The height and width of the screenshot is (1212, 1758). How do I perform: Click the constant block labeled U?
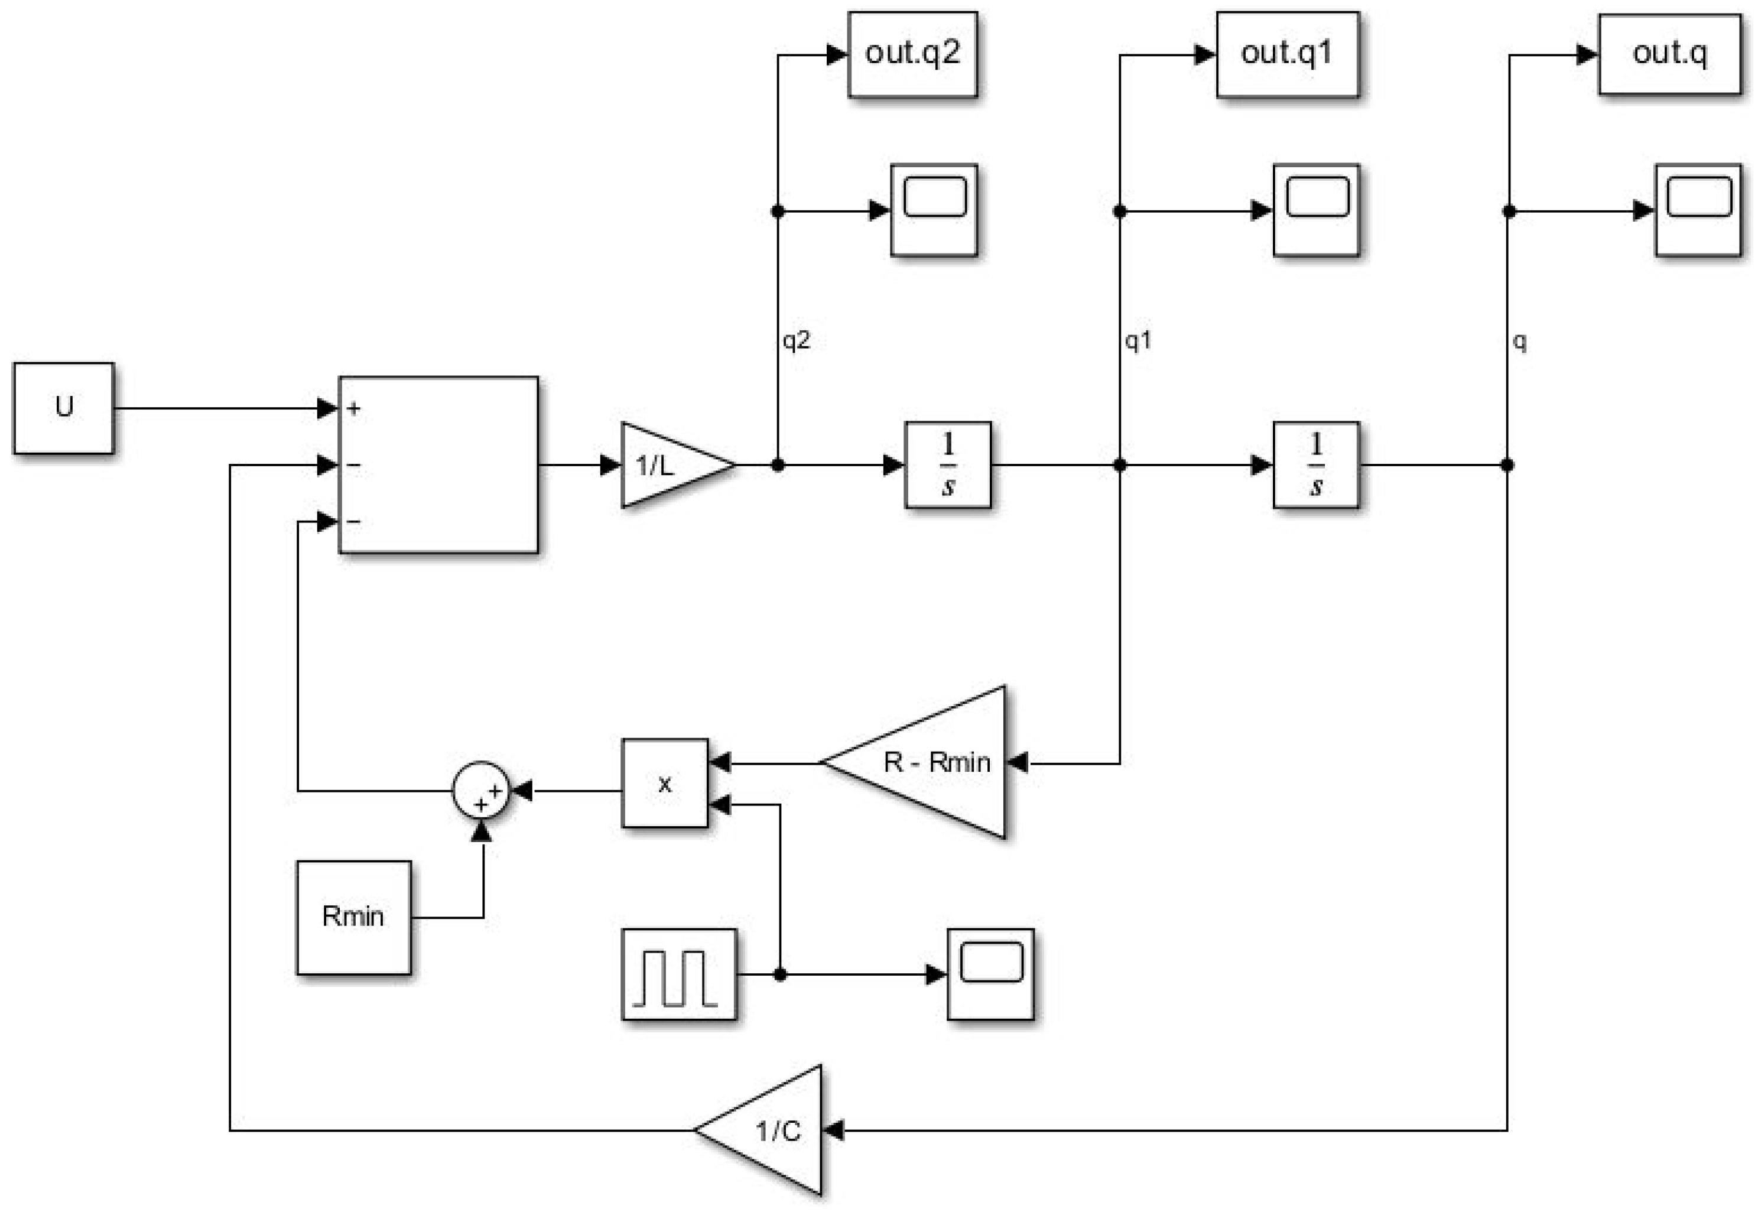[64, 408]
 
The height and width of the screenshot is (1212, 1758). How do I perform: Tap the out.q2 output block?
[912, 54]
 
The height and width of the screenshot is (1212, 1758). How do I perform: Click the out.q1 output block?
[1287, 54]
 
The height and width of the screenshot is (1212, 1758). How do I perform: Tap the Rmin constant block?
[353, 917]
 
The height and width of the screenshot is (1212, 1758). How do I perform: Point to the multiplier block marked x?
[664, 783]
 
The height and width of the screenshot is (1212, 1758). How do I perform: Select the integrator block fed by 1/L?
[948, 464]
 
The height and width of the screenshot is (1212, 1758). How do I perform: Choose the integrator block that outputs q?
[1316, 464]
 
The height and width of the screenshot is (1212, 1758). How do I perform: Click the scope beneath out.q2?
[934, 210]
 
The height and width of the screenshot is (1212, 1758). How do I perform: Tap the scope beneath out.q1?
[1316, 210]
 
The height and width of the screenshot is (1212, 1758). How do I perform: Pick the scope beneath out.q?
[1698, 210]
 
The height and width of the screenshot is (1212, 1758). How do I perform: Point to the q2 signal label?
[797, 340]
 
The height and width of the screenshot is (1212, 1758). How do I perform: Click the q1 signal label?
[1138, 340]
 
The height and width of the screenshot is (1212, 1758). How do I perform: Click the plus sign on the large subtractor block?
[354, 408]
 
